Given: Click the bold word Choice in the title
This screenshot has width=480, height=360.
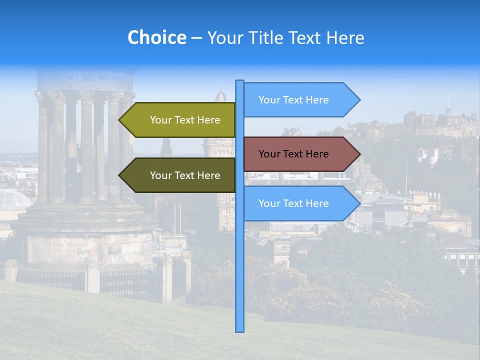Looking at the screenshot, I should tap(156, 37).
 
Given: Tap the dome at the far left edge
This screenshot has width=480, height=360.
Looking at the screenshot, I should tap(12, 200).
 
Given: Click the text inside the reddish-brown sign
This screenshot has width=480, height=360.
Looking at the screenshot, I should tap(293, 154).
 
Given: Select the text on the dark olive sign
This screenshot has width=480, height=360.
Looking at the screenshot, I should tap(185, 175).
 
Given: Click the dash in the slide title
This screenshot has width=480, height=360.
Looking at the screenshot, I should tap(196, 37).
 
